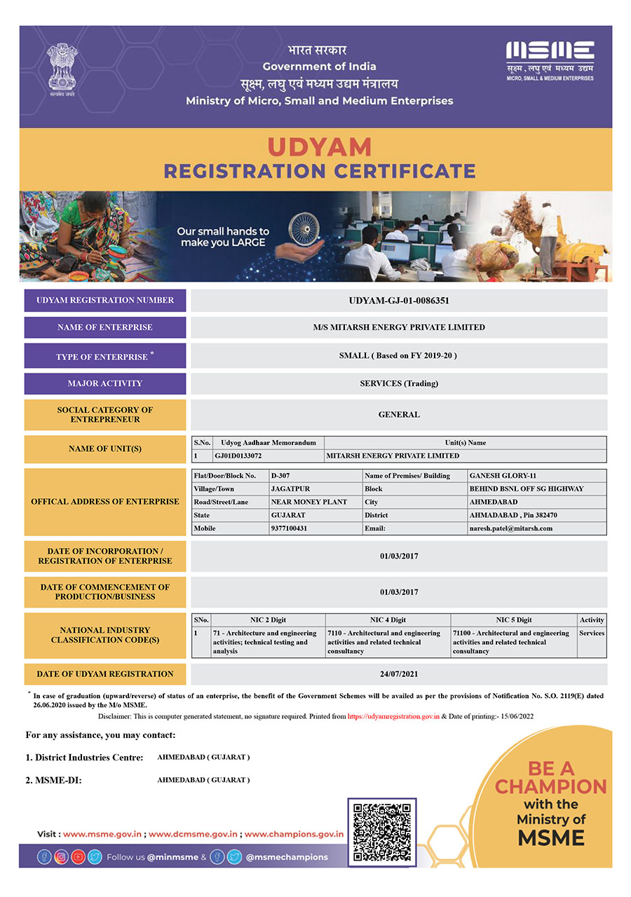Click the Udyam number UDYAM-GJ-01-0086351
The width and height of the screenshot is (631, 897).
pos(398,301)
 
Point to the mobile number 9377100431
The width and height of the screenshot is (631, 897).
pos(288,528)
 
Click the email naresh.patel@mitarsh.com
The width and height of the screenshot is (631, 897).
pos(510,528)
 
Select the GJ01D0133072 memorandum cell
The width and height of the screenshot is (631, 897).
pos(238,456)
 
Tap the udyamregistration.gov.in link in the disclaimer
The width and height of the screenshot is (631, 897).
pos(393,717)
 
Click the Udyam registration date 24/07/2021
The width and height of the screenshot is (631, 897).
pos(398,674)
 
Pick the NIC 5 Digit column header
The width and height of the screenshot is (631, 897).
pos(513,619)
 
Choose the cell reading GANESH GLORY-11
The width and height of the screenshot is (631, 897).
pos(503,476)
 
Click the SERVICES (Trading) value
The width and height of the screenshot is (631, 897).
pos(398,383)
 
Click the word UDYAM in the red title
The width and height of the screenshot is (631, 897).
pos(319,147)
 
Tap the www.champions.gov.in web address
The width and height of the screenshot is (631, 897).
pos(294,834)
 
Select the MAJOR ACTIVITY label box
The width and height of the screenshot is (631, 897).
pos(105,383)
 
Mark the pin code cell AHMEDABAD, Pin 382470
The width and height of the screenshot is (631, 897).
pos(513,515)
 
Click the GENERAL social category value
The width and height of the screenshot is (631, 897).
pos(398,414)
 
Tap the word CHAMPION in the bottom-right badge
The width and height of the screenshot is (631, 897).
pos(550,786)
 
